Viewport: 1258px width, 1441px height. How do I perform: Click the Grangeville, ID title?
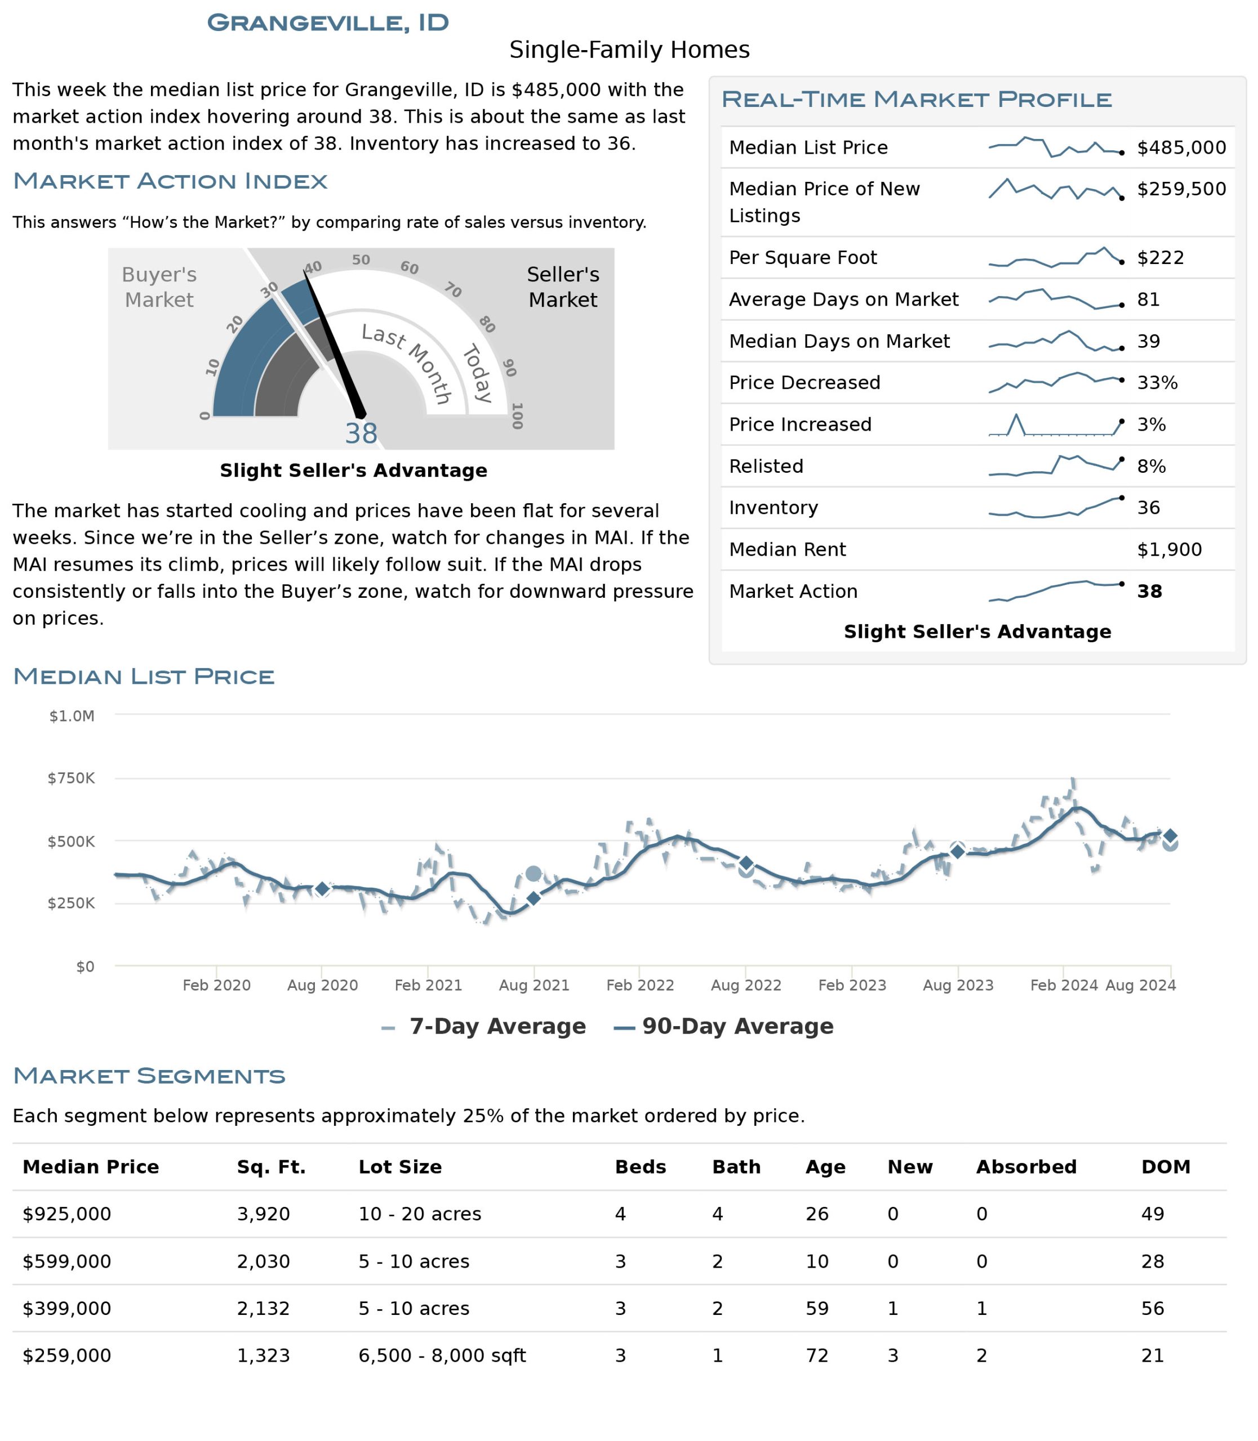pos(328,23)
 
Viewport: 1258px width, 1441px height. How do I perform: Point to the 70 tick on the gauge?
pos(453,290)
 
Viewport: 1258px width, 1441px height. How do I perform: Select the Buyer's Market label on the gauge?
pos(159,287)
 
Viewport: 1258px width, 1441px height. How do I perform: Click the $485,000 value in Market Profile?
pos(1181,147)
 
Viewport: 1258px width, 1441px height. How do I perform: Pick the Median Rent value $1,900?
pos(1169,549)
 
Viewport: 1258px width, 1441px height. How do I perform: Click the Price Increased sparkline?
pos(1055,425)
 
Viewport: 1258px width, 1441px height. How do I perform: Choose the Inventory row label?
pos(773,507)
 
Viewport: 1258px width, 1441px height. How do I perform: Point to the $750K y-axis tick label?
pos(71,778)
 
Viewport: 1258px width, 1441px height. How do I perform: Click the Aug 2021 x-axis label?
pos(534,985)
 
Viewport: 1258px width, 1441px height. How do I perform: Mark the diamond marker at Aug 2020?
pos(322,889)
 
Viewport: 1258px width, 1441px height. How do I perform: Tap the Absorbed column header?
pos(1026,1167)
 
